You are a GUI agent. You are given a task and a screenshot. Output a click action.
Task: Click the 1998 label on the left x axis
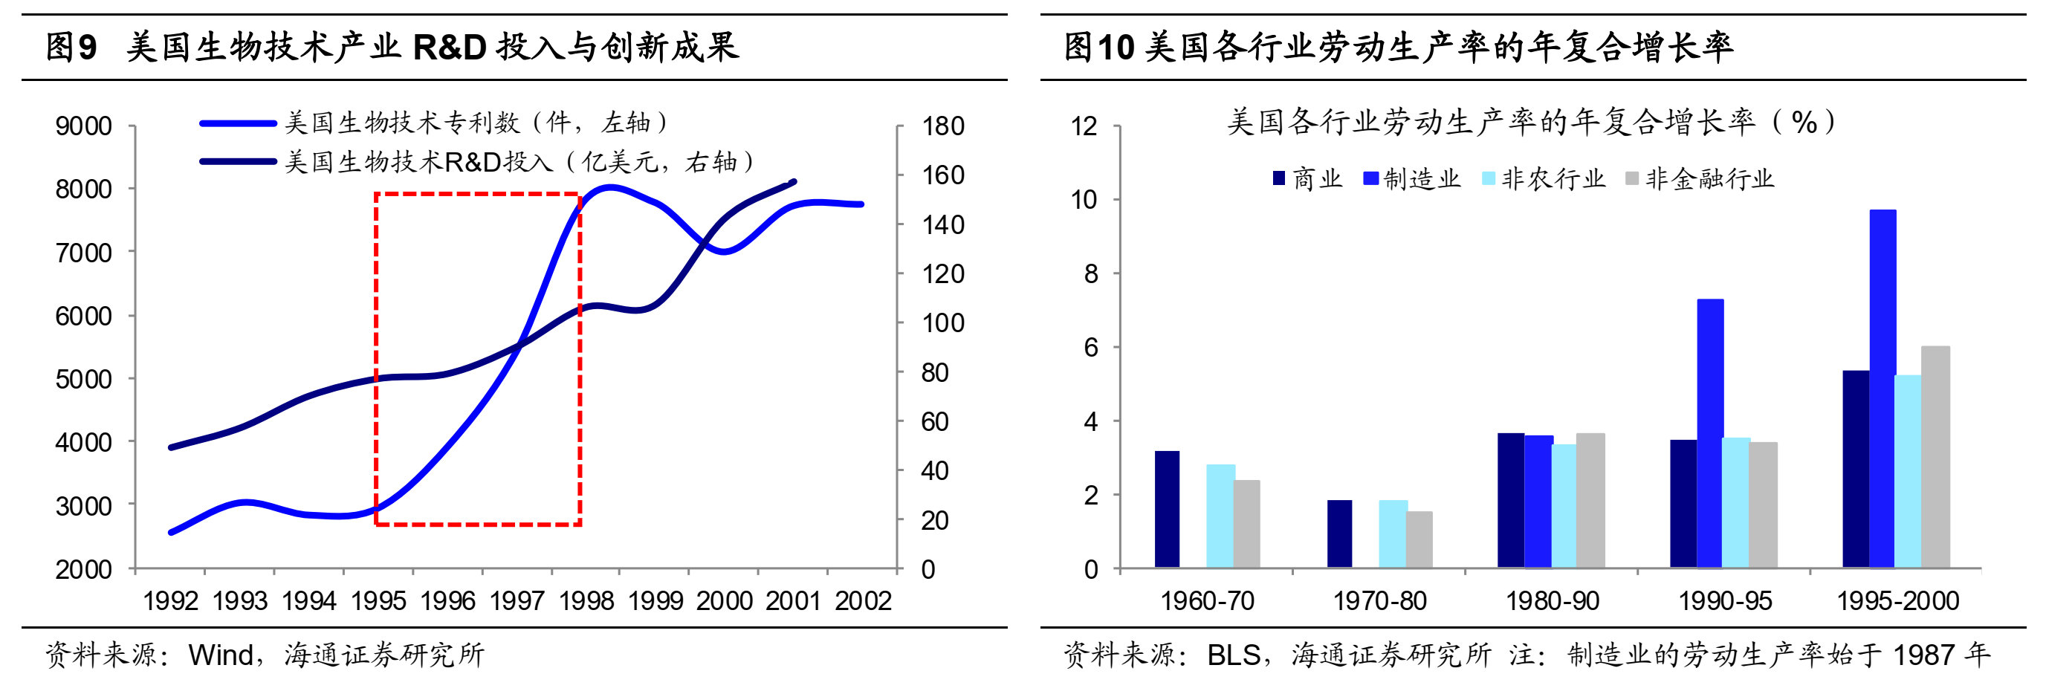[x=586, y=601]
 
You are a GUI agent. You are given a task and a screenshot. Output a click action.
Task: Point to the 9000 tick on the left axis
[x=83, y=126]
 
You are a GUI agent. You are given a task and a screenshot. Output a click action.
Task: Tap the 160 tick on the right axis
[x=943, y=175]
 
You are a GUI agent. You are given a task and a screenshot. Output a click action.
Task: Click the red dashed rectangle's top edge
[x=476, y=194]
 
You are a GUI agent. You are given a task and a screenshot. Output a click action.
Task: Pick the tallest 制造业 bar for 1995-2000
[x=1882, y=389]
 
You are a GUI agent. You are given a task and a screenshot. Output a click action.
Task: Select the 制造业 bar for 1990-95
[x=1710, y=433]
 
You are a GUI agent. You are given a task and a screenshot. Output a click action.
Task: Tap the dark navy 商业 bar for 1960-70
[x=1167, y=509]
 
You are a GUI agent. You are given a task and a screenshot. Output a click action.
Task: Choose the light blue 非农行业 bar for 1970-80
[x=1393, y=534]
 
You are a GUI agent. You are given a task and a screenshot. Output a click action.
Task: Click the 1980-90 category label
[x=1552, y=601]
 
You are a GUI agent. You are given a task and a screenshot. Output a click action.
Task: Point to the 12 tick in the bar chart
[x=1084, y=126]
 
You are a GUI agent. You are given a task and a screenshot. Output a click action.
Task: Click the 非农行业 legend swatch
[x=1489, y=178]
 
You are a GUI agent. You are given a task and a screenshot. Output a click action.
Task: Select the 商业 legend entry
[x=1307, y=178]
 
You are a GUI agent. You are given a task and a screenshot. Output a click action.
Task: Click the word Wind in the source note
[x=220, y=655]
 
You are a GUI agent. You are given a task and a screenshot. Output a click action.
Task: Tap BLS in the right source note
[x=1234, y=655]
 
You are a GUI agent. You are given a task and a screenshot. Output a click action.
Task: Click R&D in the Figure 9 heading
[x=450, y=48]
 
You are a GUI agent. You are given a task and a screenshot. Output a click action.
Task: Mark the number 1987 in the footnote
[x=1923, y=655]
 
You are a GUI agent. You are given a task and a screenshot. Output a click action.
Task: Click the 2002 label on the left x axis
[x=863, y=601]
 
